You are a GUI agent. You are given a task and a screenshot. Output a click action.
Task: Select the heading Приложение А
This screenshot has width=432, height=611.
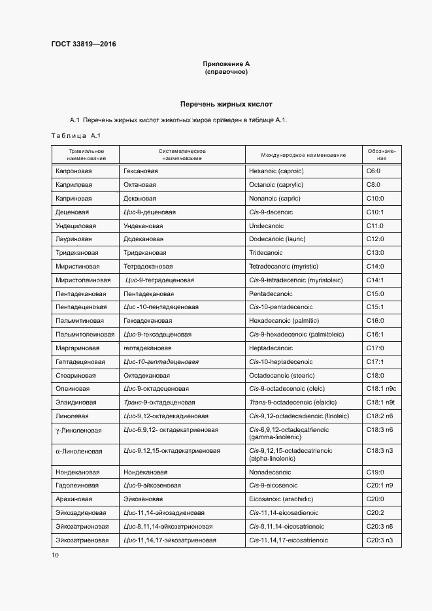click(x=226, y=63)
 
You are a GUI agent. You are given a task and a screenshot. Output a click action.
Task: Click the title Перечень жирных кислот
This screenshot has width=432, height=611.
click(x=226, y=104)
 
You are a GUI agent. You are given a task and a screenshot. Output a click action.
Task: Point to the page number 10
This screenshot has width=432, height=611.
click(x=55, y=555)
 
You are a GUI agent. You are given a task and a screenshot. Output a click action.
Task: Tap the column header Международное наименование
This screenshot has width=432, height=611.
click(x=303, y=154)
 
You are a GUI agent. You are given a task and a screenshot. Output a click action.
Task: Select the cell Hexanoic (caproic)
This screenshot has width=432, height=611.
click(x=276, y=171)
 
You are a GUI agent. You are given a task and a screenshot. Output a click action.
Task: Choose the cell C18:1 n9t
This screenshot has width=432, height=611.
click(x=381, y=403)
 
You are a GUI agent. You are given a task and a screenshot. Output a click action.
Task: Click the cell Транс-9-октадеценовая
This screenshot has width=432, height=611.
click(x=159, y=403)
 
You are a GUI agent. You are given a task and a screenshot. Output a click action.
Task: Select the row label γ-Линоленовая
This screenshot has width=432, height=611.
click(x=78, y=430)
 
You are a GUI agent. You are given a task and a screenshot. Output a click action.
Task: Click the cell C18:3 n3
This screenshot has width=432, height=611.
click(x=380, y=451)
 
